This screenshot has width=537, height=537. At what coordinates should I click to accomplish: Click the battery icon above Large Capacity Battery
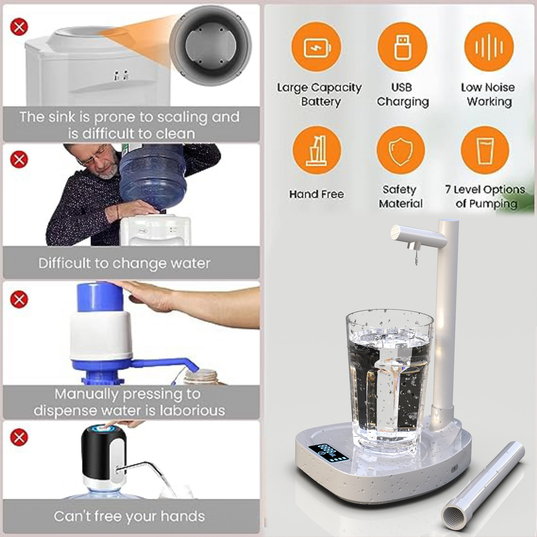(x=316, y=47)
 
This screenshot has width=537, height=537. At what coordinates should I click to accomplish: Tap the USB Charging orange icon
(x=402, y=47)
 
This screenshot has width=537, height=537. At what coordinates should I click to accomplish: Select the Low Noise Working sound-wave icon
(x=489, y=47)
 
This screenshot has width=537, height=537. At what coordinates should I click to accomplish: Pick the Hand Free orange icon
(x=317, y=151)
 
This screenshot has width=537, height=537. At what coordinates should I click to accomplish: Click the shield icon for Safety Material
(x=401, y=151)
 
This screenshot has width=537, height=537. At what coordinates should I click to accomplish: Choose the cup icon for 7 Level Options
(x=485, y=151)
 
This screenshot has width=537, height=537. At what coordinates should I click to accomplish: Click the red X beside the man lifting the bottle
(x=19, y=160)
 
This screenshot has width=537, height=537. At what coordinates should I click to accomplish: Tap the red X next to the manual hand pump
(x=19, y=299)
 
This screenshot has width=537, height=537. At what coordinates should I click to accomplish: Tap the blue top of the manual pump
(x=100, y=297)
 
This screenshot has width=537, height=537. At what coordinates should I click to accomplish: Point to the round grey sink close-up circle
(x=210, y=46)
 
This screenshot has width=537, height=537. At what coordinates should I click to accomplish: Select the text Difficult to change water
(x=124, y=263)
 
